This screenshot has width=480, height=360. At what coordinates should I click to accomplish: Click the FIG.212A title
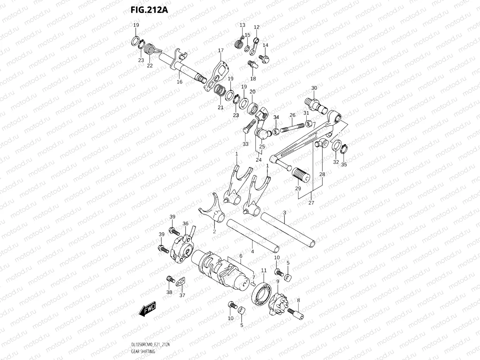point(149,10)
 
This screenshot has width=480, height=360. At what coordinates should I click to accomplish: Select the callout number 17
point(221,50)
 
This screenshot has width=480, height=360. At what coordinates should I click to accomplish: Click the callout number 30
point(314,88)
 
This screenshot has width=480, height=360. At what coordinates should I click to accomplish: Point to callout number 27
point(311,202)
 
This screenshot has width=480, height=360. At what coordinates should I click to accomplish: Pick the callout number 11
point(264,270)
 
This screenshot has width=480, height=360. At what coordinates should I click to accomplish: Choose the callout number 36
point(185,223)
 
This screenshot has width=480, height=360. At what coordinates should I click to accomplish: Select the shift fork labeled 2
point(212,208)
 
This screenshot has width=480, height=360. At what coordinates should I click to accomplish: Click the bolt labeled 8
point(296,314)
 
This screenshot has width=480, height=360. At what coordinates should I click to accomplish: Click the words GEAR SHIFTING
point(143,352)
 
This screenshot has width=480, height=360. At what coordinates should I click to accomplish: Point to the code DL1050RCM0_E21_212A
point(151,345)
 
